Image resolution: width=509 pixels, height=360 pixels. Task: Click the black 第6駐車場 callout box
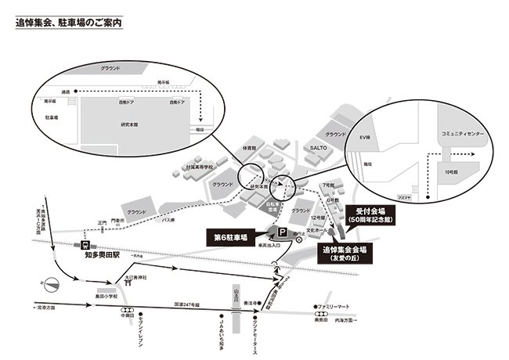233,236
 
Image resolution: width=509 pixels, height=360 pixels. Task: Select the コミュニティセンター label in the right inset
464,134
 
